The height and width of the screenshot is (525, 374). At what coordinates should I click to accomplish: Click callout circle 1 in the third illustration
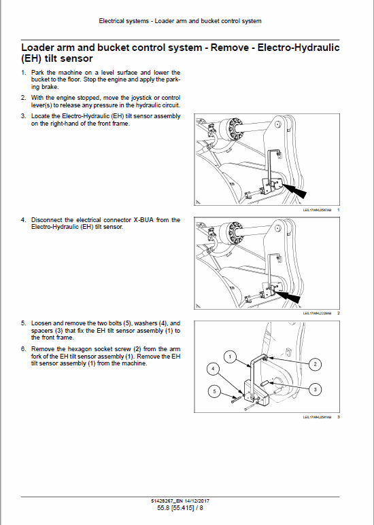point(231,356)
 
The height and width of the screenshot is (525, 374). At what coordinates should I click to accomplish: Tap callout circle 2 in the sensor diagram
point(314,364)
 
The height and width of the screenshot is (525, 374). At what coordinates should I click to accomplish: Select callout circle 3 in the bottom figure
point(314,389)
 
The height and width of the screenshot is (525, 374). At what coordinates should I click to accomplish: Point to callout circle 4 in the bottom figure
point(213,369)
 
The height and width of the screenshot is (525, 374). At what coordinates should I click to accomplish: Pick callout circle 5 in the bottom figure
point(213,391)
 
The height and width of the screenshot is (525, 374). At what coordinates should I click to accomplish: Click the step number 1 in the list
point(24,72)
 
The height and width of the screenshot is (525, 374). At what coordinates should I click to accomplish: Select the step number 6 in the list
point(24,348)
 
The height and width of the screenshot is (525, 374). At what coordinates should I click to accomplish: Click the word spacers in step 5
point(43,330)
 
